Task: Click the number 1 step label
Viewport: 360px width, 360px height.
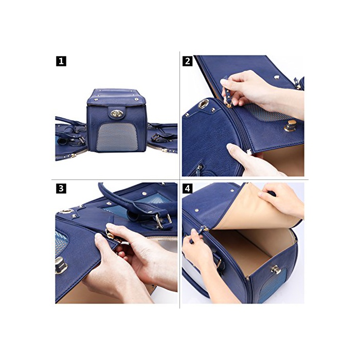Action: pyautogui.click(x=61, y=61)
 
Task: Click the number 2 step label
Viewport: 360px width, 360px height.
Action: pyautogui.click(x=187, y=61)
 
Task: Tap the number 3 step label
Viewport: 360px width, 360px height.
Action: pyautogui.click(x=61, y=188)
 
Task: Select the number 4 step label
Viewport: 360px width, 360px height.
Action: pyautogui.click(x=187, y=188)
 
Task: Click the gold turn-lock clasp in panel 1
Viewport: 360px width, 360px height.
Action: pyautogui.click(x=117, y=114)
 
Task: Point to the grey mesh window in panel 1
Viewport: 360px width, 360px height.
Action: pyautogui.click(x=117, y=137)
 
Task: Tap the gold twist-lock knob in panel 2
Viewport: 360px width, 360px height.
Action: pyautogui.click(x=291, y=125)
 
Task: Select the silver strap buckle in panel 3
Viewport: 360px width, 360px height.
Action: pyautogui.click(x=163, y=221)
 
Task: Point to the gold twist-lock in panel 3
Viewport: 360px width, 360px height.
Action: pyautogui.click(x=61, y=265)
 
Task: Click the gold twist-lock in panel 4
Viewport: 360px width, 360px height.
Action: pyautogui.click(x=276, y=270)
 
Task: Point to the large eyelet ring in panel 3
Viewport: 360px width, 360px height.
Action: pyautogui.click(x=66, y=211)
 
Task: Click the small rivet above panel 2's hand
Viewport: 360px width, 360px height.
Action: pyautogui.click(x=277, y=77)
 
